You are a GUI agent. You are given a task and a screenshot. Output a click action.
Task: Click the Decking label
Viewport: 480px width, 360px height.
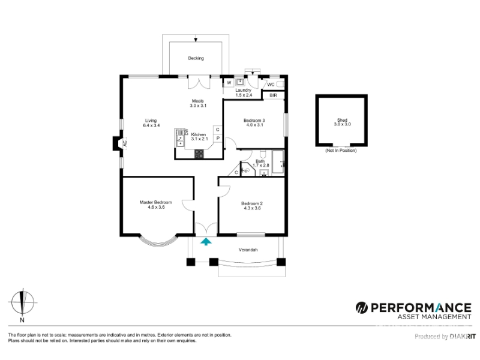(196, 58)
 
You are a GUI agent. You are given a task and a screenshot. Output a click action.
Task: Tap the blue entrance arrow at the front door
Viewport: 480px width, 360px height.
(206, 242)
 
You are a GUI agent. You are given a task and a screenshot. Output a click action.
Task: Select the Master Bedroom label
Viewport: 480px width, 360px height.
(155, 202)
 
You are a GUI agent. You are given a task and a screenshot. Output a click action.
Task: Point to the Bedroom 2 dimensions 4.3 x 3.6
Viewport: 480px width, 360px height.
(252, 208)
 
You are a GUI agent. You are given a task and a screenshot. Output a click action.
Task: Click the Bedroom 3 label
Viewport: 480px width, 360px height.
(254, 121)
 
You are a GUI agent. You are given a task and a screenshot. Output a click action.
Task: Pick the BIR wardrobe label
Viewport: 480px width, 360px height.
(274, 95)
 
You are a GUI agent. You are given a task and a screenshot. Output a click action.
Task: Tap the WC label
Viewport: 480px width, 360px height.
(271, 85)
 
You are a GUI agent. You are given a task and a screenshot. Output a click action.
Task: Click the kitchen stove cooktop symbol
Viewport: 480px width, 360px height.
(199, 154)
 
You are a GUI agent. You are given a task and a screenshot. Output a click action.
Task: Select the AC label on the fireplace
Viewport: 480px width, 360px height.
(125, 143)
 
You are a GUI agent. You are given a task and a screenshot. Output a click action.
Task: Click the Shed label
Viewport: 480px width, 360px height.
(342, 120)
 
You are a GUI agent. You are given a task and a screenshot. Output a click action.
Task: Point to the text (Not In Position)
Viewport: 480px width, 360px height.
(341, 151)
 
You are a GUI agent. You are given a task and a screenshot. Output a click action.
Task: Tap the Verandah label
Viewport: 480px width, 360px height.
(248, 250)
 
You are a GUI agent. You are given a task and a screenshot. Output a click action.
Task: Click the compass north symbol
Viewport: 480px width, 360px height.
(22, 302)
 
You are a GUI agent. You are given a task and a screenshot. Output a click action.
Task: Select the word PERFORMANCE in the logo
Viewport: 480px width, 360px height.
(421, 308)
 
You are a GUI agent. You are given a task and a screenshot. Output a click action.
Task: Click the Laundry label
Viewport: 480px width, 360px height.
(244, 91)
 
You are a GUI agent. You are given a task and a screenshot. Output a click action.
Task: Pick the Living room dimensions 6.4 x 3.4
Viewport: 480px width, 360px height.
(151, 125)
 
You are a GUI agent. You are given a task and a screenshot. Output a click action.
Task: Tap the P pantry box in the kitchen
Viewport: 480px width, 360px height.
(218, 139)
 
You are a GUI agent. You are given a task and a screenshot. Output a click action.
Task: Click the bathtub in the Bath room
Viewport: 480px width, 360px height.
(278, 162)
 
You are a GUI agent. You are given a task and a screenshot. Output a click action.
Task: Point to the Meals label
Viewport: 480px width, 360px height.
(198, 101)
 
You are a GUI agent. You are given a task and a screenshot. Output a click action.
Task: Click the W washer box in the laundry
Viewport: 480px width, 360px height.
(229, 83)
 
